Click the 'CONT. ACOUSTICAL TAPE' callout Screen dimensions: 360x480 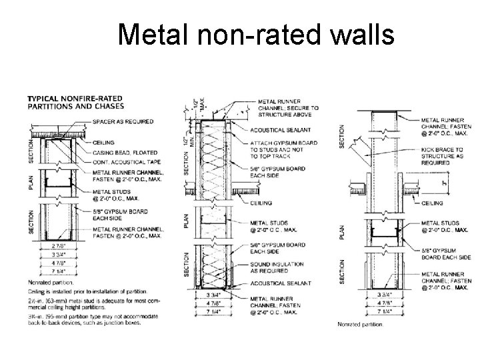(x=129, y=162)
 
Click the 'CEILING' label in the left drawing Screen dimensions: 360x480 (x=104, y=142)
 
